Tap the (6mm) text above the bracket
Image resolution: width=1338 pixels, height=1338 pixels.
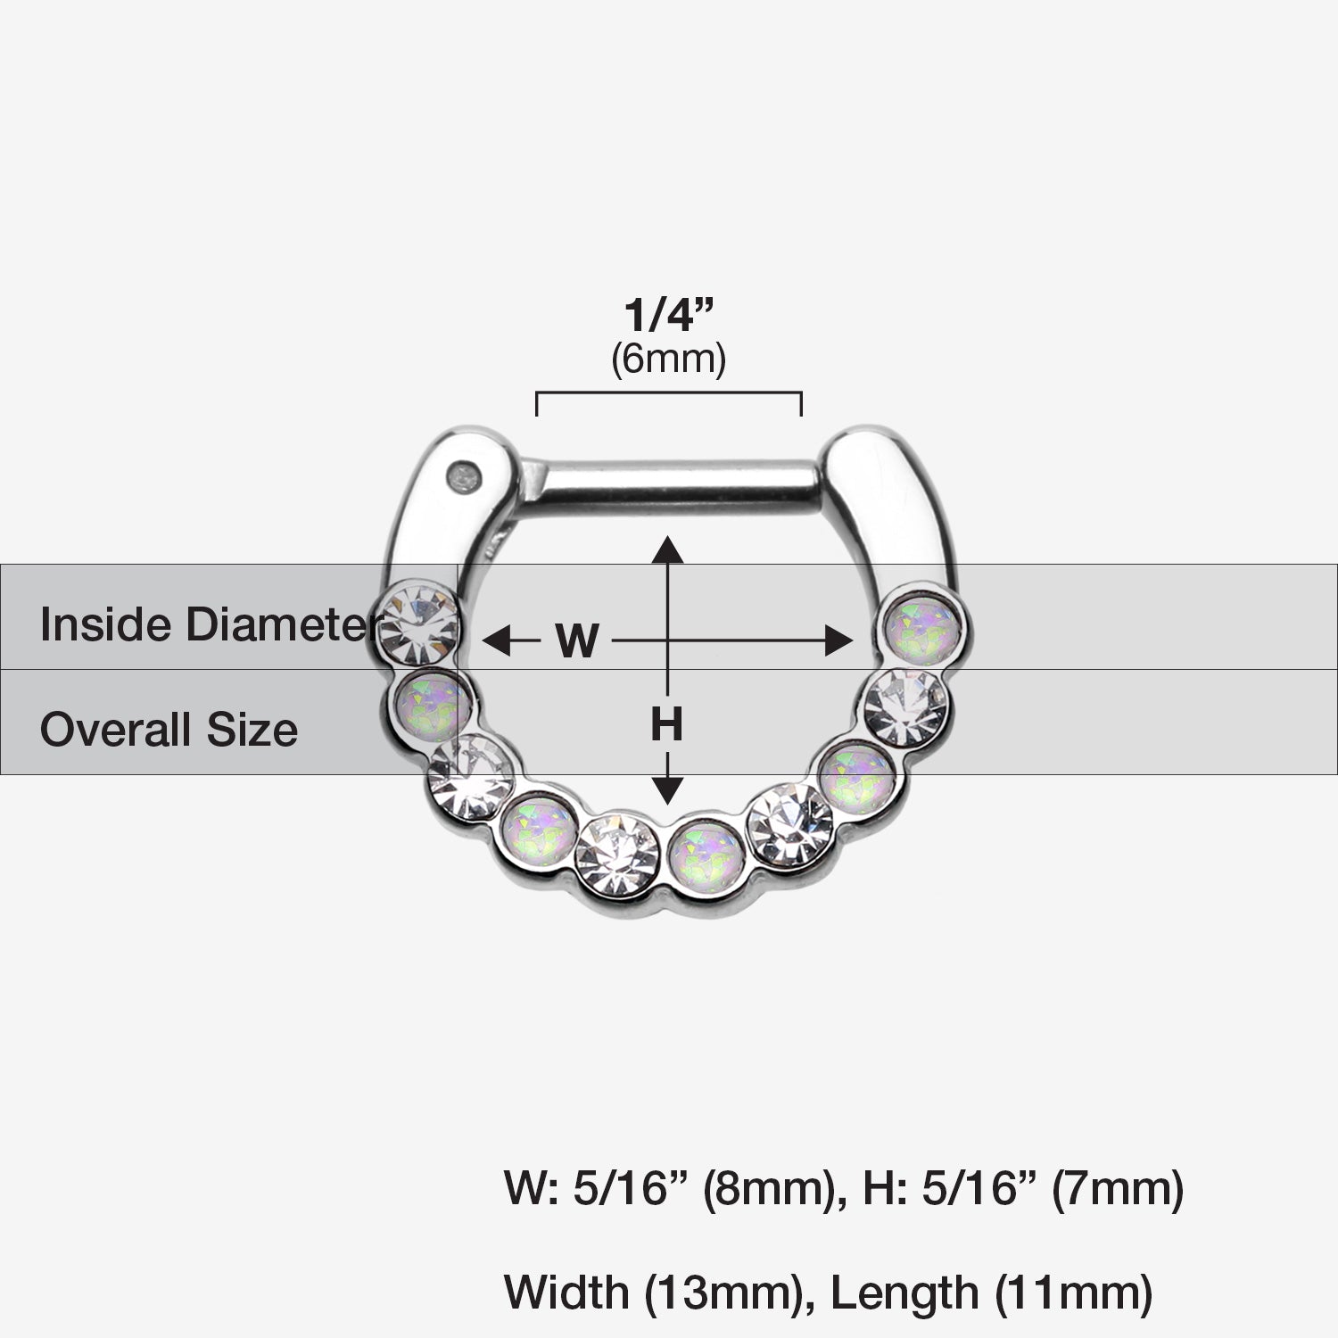pos(669,359)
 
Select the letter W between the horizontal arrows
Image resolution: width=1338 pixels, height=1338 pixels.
pos(577,640)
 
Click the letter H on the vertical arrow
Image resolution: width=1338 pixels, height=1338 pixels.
pos(666,723)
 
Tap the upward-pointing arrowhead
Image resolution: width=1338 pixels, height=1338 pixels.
pos(667,548)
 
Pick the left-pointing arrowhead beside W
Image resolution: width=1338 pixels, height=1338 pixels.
pos(495,640)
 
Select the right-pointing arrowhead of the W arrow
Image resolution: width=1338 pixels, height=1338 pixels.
pos(839,640)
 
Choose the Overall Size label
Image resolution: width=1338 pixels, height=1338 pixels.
pos(169,729)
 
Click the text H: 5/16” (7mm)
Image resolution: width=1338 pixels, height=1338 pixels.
pos(1022,1189)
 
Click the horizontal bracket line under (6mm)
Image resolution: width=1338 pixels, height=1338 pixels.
pos(669,392)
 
